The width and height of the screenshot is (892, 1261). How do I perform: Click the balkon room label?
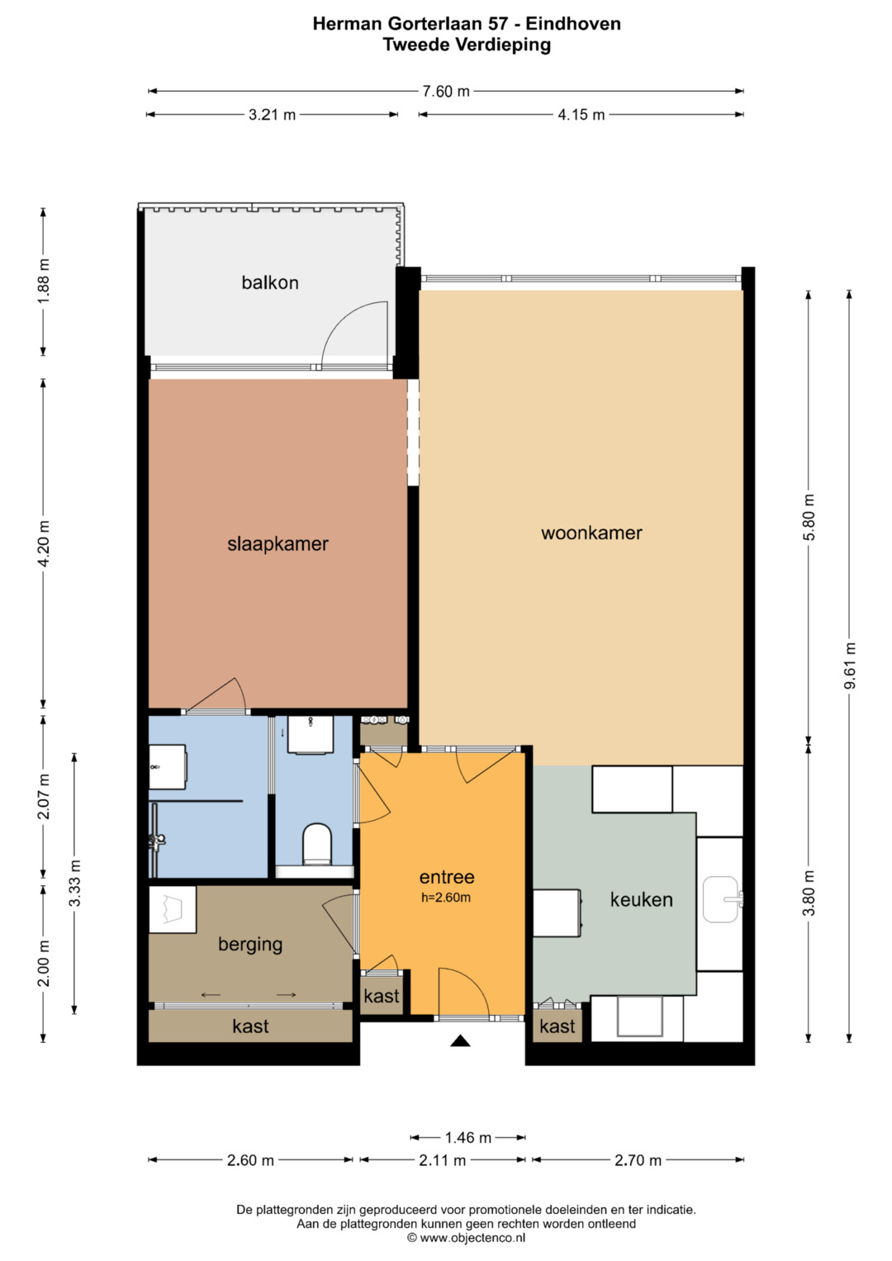pyautogui.click(x=270, y=282)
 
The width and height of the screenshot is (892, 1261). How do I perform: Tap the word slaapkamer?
pyautogui.click(x=278, y=544)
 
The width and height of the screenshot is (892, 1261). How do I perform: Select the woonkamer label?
pyautogui.click(x=591, y=533)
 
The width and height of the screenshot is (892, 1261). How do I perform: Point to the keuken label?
pyautogui.click(x=642, y=899)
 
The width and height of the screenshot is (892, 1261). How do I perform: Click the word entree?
pyautogui.click(x=447, y=876)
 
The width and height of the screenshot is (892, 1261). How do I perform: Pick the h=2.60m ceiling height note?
pyautogui.click(x=446, y=898)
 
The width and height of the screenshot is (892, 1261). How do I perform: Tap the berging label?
pyautogui.click(x=250, y=944)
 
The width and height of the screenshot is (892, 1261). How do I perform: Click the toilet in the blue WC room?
pyautogui.click(x=317, y=845)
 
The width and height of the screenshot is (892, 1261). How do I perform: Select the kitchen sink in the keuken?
pyautogui.click(x=722, y=899)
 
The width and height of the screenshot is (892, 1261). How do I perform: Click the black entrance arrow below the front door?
pyautogui.click(x=460, y=1041)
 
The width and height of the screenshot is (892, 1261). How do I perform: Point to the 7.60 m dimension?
pyautogui.click(x=446, y=91)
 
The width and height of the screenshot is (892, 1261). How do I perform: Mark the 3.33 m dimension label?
pyautogui.click(x=75, y=883)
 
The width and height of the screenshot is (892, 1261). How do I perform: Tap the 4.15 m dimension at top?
pyautogui.click(x=581, y=115)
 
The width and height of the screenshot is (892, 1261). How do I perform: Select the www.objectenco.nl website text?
pyautogui.click(x=472, y=1238)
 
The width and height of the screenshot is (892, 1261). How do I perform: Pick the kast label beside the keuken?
pyautogui.click(x=557, y=1026)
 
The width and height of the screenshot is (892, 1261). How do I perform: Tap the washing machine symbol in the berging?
pyautogui.click(x=173, y=909)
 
